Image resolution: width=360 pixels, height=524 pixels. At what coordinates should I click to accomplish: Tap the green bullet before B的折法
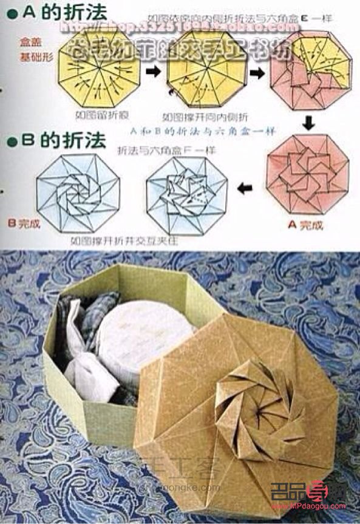pos(10,143)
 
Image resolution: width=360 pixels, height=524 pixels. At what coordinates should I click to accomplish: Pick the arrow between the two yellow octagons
pos(153,72)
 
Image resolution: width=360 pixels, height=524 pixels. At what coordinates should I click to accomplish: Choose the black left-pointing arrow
pos(245,189)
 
